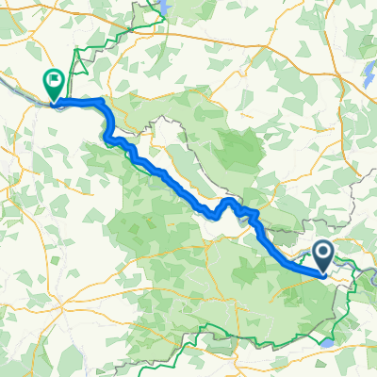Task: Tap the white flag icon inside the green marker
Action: [55, 81]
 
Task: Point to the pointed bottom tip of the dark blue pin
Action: [322, 274]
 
